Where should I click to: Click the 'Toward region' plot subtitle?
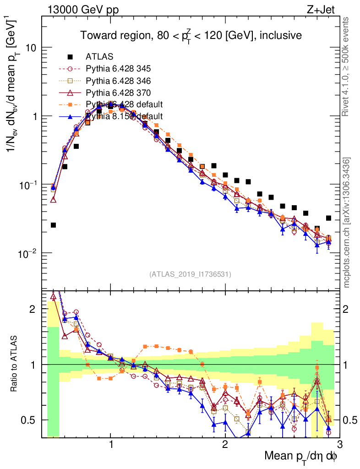tap(191, 35)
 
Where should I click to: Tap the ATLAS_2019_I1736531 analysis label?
tap(190, 274)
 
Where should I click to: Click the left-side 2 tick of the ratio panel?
tap(33, 309)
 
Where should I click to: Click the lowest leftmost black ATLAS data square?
tap(54, 225)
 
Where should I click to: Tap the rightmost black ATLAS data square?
tap(328, 218)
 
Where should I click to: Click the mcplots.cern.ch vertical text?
tap(347, 222)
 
